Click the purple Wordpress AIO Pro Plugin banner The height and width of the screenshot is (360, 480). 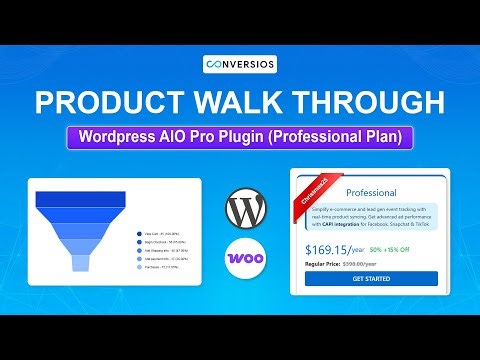coord(239,137)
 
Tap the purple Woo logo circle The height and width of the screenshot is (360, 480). coord(244,258)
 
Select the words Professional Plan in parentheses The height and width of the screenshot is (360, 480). coord(344,137)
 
